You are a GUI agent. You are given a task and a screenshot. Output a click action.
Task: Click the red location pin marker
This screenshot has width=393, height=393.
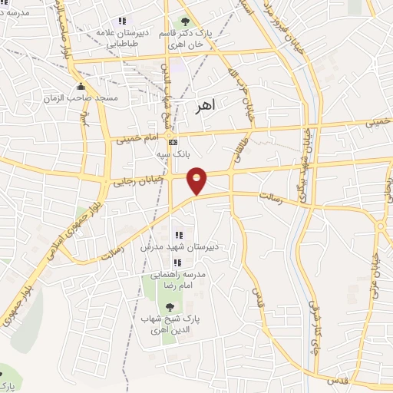[197, 180]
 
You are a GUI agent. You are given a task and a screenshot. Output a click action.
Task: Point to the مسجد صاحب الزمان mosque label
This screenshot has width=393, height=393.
[91, 98]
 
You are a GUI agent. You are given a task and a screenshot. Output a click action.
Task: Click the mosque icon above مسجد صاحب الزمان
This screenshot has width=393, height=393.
[81, 86]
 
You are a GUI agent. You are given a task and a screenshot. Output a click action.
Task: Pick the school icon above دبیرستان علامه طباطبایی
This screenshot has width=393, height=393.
[121, 21]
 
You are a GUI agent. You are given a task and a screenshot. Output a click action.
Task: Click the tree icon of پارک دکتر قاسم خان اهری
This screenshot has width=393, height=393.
[185, 21]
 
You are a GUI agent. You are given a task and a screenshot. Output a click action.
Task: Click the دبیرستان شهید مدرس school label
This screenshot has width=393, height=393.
[179, 248]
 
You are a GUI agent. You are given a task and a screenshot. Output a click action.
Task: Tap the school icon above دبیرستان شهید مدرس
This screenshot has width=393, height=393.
[179, 235]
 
